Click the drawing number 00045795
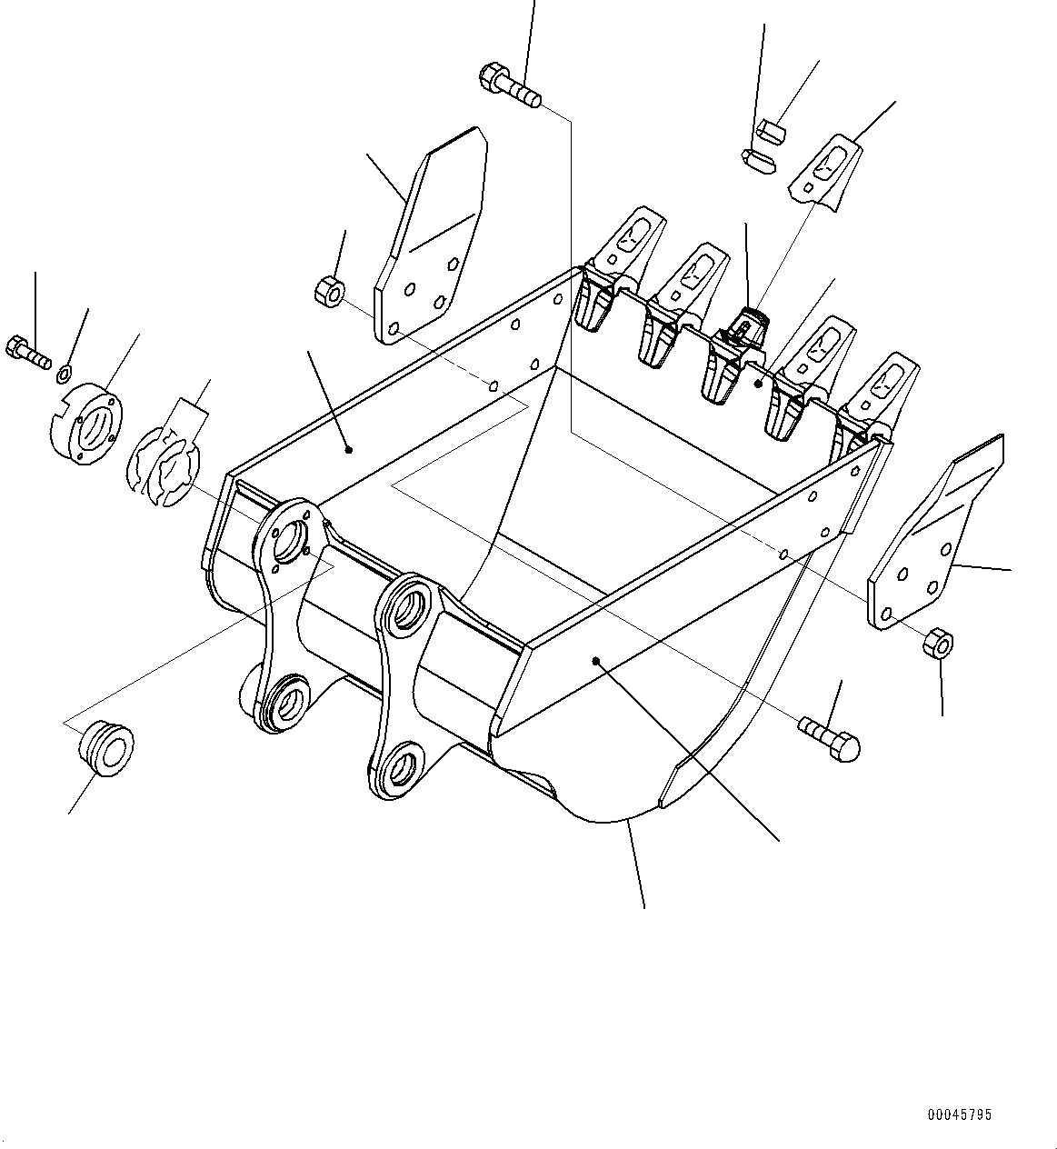(x=960, y=1114)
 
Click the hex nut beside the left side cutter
(x=329, y=292)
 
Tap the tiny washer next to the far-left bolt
(x=63, y=372)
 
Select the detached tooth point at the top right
(x=824, y=173)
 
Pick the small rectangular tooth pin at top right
(x=770, y=131)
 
